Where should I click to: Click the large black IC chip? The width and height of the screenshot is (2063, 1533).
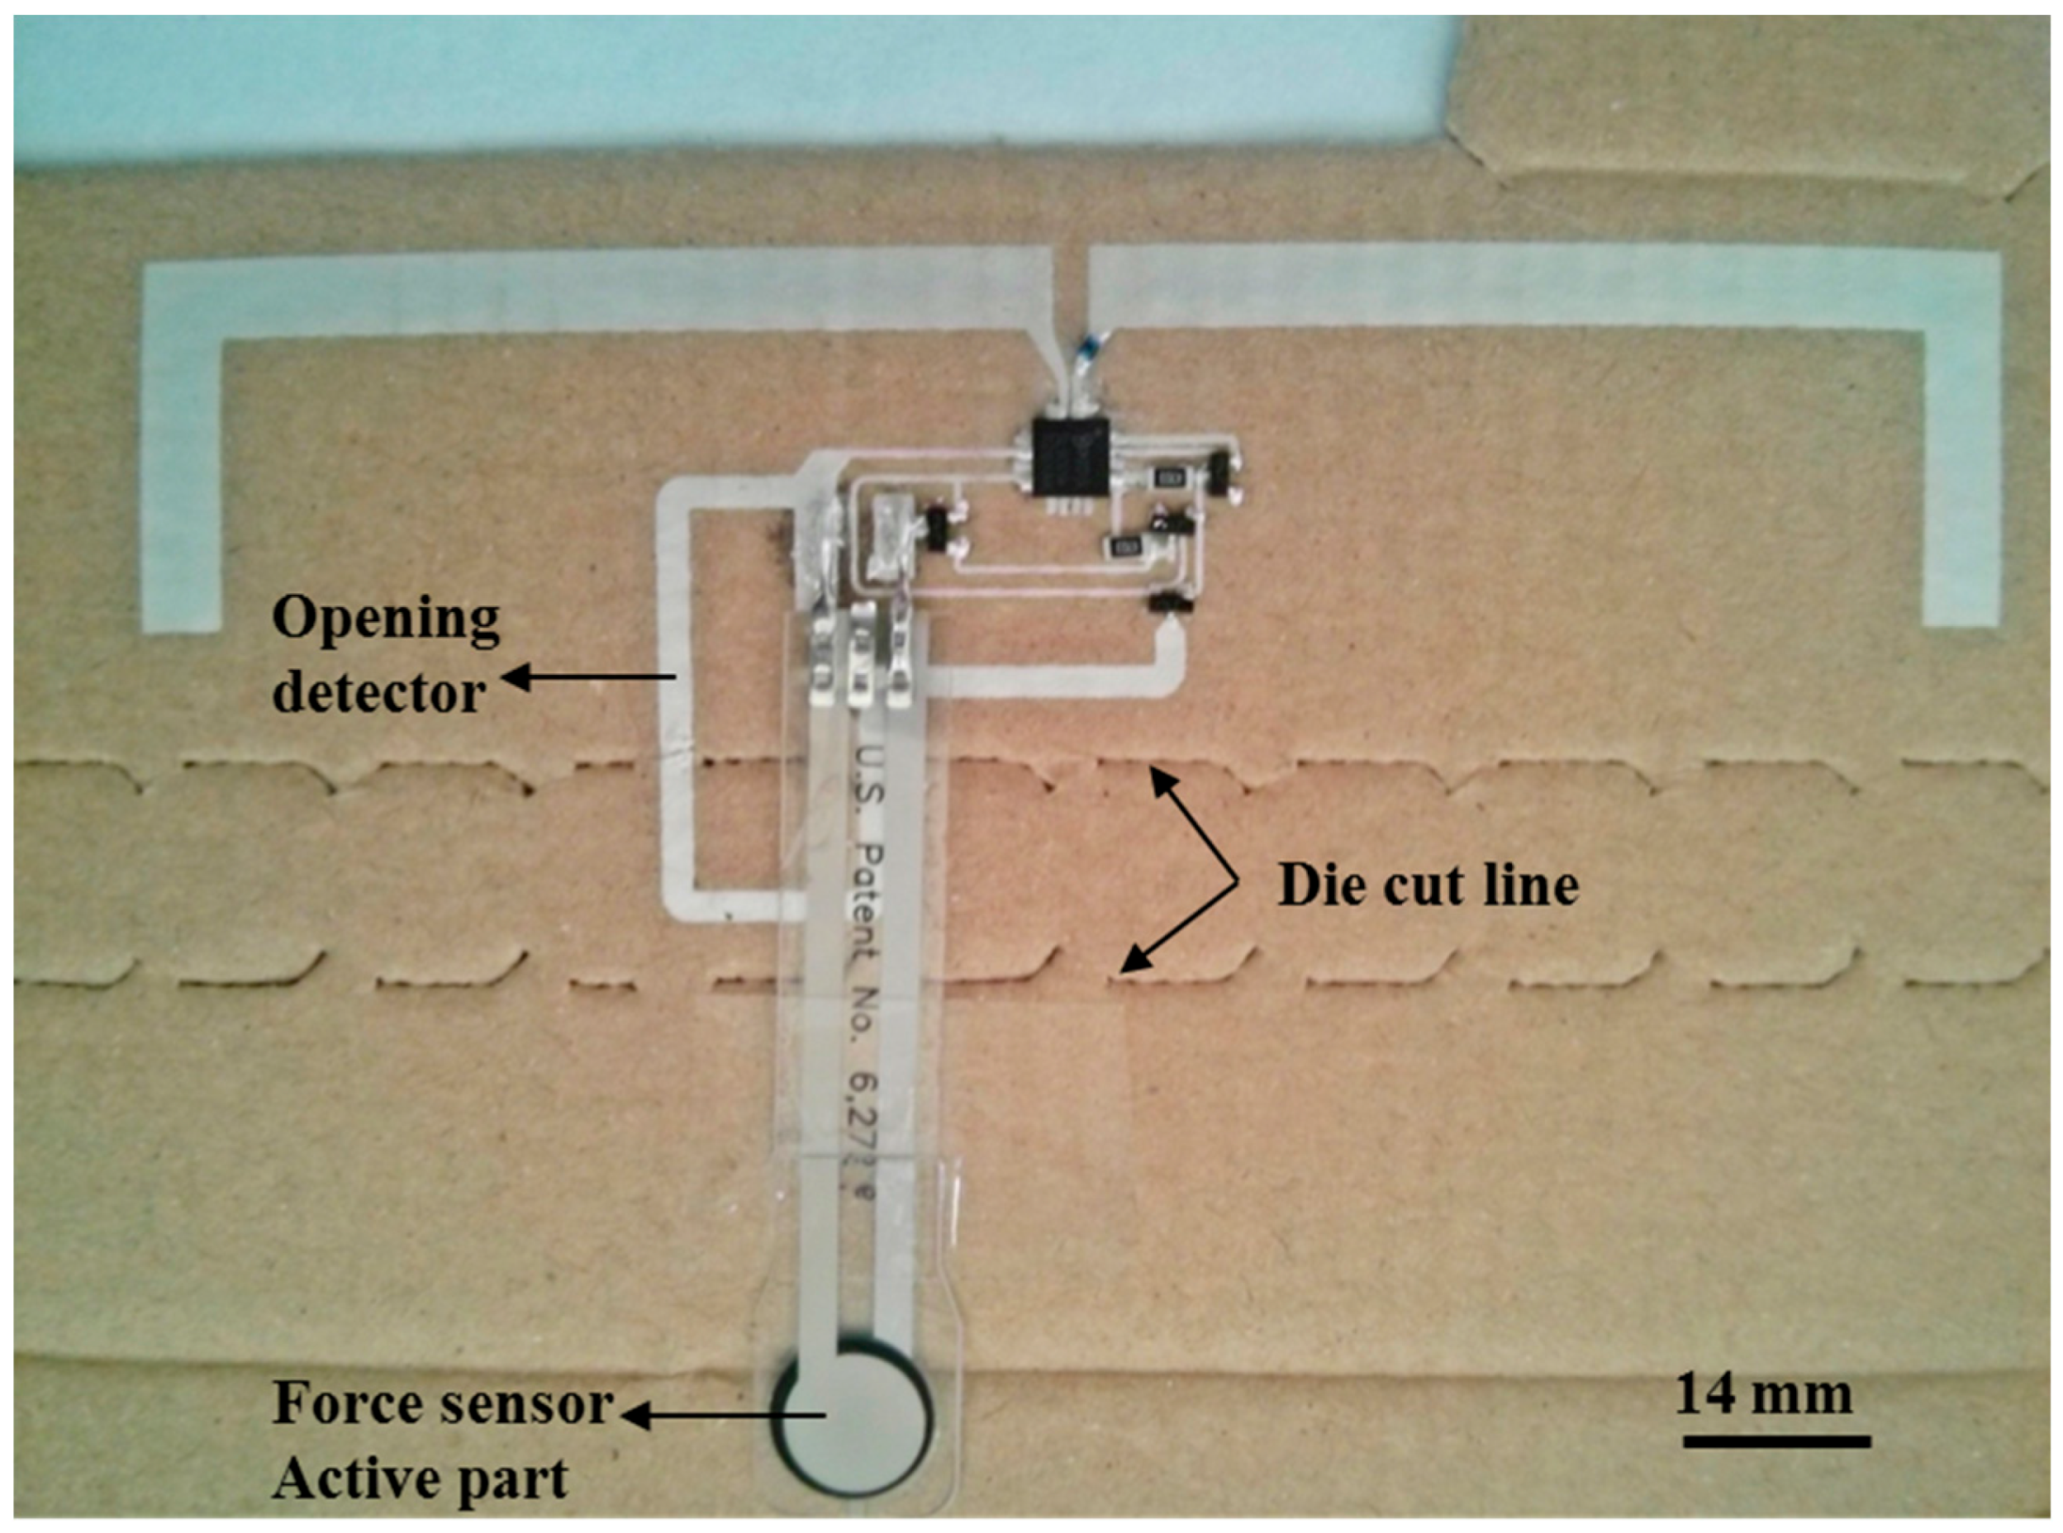1068,458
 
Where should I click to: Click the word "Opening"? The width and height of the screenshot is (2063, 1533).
386,619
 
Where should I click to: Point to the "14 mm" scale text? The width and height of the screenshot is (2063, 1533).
1763,1397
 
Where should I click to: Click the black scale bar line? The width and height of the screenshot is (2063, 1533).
1776,1441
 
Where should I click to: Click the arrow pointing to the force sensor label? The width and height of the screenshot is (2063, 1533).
724,1415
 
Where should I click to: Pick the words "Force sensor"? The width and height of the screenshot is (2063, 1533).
443,1405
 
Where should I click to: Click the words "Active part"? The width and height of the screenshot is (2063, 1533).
420,1479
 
